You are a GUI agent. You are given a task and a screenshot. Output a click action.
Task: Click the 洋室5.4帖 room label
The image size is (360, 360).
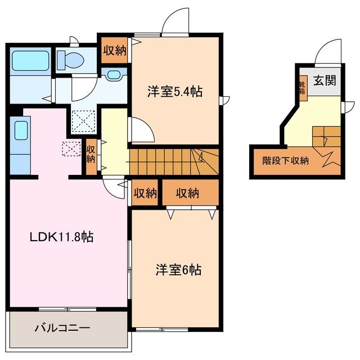point(174,91)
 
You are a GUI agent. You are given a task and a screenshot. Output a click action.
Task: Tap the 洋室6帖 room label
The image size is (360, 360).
point(178,270)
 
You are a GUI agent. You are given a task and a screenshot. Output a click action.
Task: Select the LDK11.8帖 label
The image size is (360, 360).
point(61,237)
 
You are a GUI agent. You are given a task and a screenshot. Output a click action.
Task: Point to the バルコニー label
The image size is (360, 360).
point(62,327)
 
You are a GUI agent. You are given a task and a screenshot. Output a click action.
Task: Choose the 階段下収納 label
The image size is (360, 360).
point(286,160)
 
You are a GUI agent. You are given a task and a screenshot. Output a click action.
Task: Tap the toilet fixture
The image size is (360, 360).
point(70,58)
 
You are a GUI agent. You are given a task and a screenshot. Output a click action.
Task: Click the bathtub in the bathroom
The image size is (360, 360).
point(31,59)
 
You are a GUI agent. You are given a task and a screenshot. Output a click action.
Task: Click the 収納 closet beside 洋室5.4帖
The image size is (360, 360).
point(114,49)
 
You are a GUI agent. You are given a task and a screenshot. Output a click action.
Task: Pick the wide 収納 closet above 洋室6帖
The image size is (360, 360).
point(188,193)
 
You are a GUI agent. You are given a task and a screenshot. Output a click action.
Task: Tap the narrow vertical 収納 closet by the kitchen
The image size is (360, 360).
point(91,153)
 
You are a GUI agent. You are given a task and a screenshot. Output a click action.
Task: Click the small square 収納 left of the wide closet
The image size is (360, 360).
point(145,193)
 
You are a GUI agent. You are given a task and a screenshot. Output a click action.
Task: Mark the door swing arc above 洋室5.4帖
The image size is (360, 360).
point(175,21)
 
